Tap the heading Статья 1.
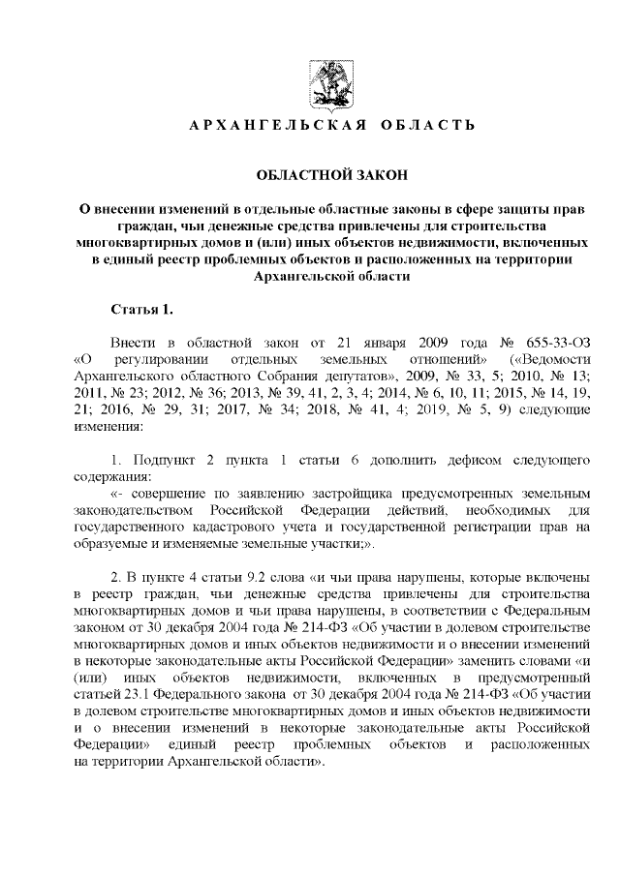coord(141,309)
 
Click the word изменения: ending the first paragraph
coord(108,426)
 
